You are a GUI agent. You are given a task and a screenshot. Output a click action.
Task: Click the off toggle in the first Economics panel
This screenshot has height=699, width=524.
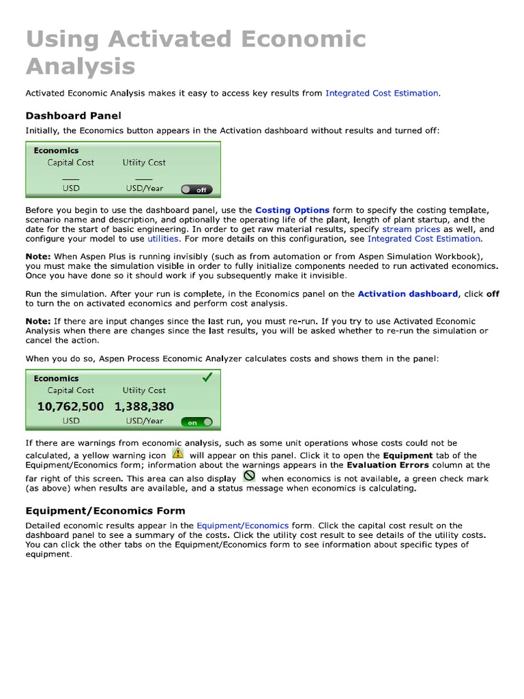coord(196,190)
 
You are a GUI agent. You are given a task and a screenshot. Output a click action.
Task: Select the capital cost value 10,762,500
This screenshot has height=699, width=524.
coord(70,406)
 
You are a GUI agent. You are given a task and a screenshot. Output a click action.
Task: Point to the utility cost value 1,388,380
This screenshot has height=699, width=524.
coord(144,406)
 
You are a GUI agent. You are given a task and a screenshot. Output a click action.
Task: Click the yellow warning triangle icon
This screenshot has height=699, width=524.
coord(177,453)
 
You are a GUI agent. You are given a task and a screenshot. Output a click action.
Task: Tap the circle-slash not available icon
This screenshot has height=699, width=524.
coord(249,476)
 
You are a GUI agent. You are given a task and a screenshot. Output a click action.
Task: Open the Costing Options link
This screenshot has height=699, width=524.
coord(292,210)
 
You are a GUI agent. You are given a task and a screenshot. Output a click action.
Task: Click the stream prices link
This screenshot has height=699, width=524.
coord(411,229)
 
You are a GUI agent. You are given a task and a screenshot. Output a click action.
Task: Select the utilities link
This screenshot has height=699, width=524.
coord(163,239)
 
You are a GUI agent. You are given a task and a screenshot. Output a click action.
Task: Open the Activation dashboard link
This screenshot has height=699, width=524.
coord(407,294)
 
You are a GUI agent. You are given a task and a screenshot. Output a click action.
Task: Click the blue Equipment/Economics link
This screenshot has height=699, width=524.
coord(242,526)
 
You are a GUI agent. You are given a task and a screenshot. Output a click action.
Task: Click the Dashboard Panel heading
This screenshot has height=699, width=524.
coord(73,115)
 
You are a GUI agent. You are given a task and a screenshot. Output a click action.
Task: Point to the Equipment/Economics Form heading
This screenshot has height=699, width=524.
coord(105,511)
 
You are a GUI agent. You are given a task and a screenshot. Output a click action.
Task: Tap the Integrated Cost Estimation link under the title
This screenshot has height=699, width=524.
coord(382,93)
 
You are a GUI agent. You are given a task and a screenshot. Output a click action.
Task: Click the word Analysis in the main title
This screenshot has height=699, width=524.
coord(81,66)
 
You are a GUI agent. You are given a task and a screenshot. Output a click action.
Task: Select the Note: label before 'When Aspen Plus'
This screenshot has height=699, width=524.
coord(38,257)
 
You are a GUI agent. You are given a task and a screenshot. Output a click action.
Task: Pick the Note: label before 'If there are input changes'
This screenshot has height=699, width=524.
coord(38,321)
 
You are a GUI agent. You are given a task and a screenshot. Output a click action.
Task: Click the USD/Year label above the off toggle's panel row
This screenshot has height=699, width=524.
coord(144,188)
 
